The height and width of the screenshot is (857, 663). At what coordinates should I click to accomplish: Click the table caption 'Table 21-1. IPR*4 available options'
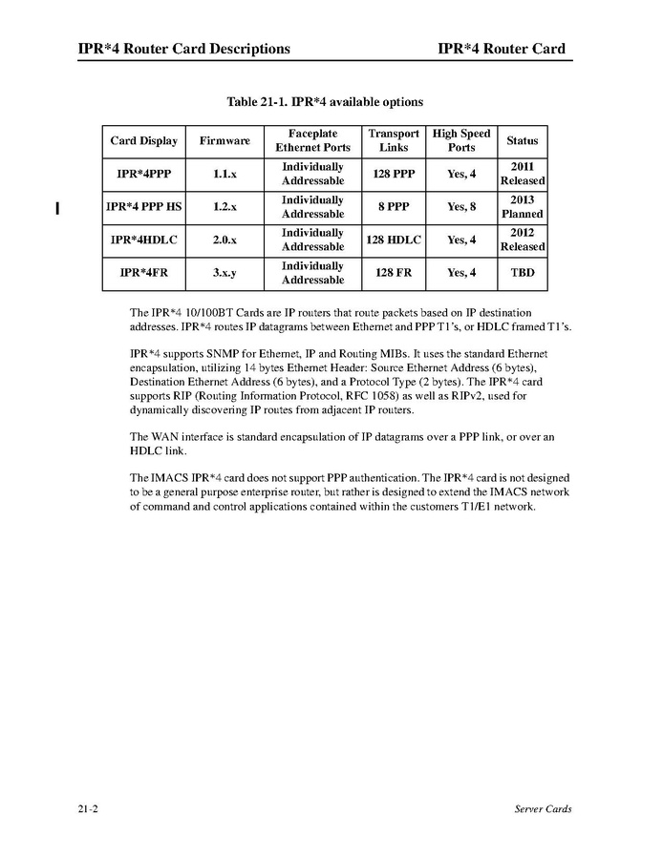point(325,102)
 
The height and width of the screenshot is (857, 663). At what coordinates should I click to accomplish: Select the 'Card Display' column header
point(143,141)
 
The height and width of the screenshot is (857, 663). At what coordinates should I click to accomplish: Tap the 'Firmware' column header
point(225,141)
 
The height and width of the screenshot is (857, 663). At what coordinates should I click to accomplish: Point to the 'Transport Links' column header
point(394,141)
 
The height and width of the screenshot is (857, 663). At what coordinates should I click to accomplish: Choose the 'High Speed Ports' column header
point(461,141)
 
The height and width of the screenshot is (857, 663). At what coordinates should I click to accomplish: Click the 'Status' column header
point(522,141)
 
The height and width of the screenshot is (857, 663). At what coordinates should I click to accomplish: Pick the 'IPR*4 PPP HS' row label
point(143,207)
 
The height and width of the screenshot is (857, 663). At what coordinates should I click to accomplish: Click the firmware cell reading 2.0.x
point(225,240)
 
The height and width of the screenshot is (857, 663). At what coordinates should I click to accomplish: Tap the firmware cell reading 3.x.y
point(225,274)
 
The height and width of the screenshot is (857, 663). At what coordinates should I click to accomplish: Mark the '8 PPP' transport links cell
point(394,207)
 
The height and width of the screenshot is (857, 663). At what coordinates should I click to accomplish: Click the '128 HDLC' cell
point(394,240)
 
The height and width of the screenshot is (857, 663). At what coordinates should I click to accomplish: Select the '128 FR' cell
point(394,274)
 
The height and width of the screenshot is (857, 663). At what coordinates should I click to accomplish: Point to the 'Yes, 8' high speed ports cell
point(461,207)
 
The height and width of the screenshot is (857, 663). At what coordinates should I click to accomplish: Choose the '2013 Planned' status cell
point(522,207)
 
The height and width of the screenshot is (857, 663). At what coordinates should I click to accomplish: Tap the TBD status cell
point(522,274)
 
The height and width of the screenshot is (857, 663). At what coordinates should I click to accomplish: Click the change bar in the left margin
point(58,207)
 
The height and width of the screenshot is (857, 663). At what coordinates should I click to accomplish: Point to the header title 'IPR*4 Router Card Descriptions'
point(184,49)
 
